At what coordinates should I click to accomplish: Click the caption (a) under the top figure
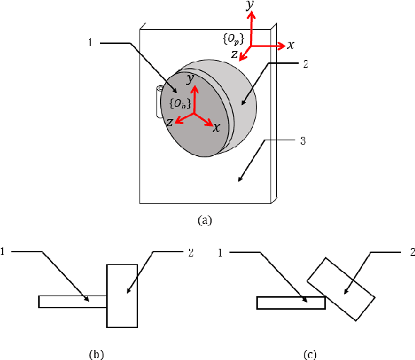[205, 220]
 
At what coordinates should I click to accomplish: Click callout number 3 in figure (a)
[302, 141]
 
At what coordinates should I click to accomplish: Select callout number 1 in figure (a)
[90, 43]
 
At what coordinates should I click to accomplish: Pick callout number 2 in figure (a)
[304, 64]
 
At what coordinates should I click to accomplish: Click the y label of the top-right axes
[249, 6]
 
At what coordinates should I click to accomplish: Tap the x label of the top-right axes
[290, 45]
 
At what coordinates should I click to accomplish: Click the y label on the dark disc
[190, 79]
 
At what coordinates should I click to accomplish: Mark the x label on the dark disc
[217, 128]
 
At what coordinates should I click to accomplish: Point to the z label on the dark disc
[170, 123]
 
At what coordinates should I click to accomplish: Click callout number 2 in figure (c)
[410, 252]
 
